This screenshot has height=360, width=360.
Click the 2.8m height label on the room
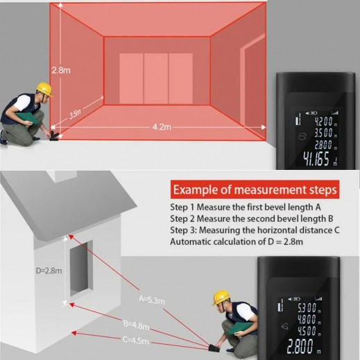point(60,69)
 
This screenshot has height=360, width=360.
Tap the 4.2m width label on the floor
point(162,127)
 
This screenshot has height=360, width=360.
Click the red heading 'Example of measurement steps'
point(255,189)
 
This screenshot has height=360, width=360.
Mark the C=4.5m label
point(136,340)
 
